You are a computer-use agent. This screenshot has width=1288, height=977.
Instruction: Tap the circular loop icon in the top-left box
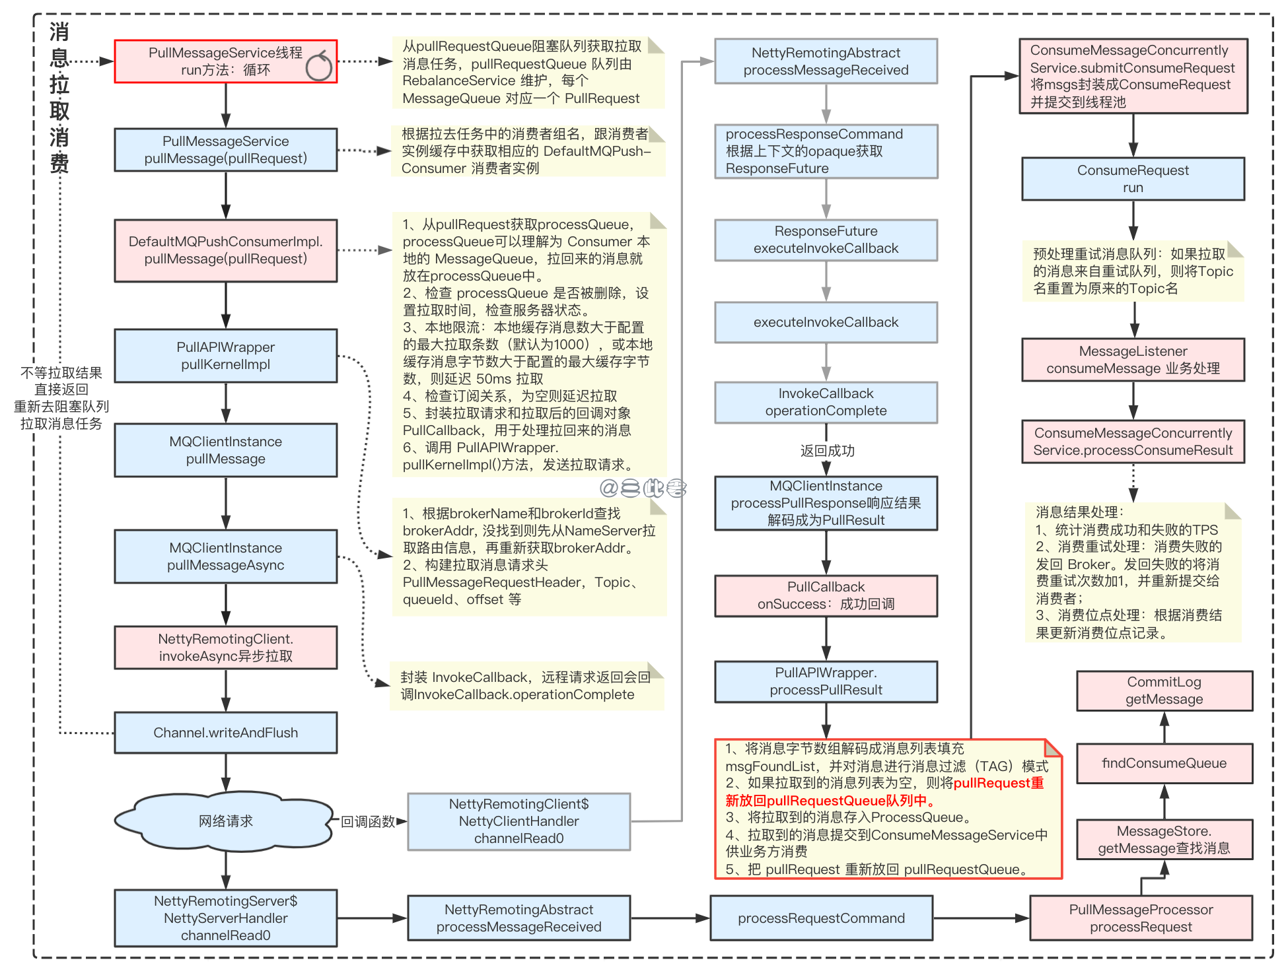(x=319, y=66)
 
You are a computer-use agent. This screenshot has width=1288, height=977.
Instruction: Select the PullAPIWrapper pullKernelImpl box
(x=225, y=356)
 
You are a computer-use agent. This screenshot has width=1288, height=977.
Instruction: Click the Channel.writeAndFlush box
(x=225, y=733)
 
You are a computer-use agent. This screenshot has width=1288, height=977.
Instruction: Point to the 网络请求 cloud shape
(x=225, y=821)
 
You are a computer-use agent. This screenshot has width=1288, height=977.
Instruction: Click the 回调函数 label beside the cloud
(x=367, y=821)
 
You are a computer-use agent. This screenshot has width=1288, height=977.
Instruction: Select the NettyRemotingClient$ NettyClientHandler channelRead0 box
(x=519, y=821)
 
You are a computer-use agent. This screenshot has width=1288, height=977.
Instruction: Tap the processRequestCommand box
(x=821, y=918)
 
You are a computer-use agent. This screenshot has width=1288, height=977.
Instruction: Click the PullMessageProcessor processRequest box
(x=1141, y=918)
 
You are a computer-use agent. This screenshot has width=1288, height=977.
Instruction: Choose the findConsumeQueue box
(x=1164, y=764)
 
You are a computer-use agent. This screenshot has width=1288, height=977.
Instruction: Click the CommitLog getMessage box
(x=1164, y=691)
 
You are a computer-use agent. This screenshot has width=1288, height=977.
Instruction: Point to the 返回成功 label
(x=827, y=451)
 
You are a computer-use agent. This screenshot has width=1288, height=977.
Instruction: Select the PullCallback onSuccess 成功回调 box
(x=826, y=595)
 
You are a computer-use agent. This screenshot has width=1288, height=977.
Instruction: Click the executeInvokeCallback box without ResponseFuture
(x=826, y=322)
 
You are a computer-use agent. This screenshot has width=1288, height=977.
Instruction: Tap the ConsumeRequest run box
(x=1133, y=179)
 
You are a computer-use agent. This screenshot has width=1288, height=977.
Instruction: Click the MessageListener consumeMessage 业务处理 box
(x=1133, y=360)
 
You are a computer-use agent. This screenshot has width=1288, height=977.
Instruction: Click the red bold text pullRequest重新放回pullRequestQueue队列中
(x=885, y=792)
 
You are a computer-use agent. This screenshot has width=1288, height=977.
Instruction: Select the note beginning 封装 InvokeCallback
(x=526, y=686)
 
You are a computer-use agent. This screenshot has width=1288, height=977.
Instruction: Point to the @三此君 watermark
(x=643, y=488)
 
